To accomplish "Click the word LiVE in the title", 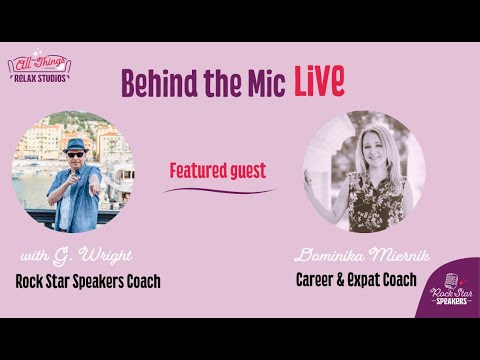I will click(x=319, y=83).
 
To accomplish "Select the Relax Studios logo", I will click(x=38, y=68).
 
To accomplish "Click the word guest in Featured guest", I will click(x=246, y=171).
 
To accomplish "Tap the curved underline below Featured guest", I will click(x=218, y=190).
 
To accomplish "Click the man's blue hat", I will click(x=74, y=143).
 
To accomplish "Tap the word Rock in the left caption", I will click(x=31, y=281).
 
